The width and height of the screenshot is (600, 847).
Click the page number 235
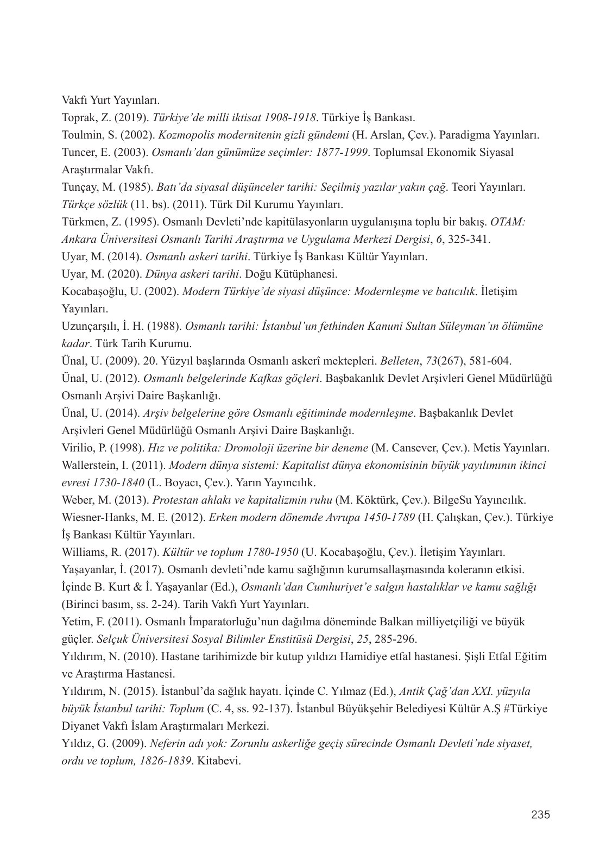tap(540, 815)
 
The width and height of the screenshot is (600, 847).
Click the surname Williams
tap(81, 553)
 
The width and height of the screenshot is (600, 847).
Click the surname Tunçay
tap(78, 187)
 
